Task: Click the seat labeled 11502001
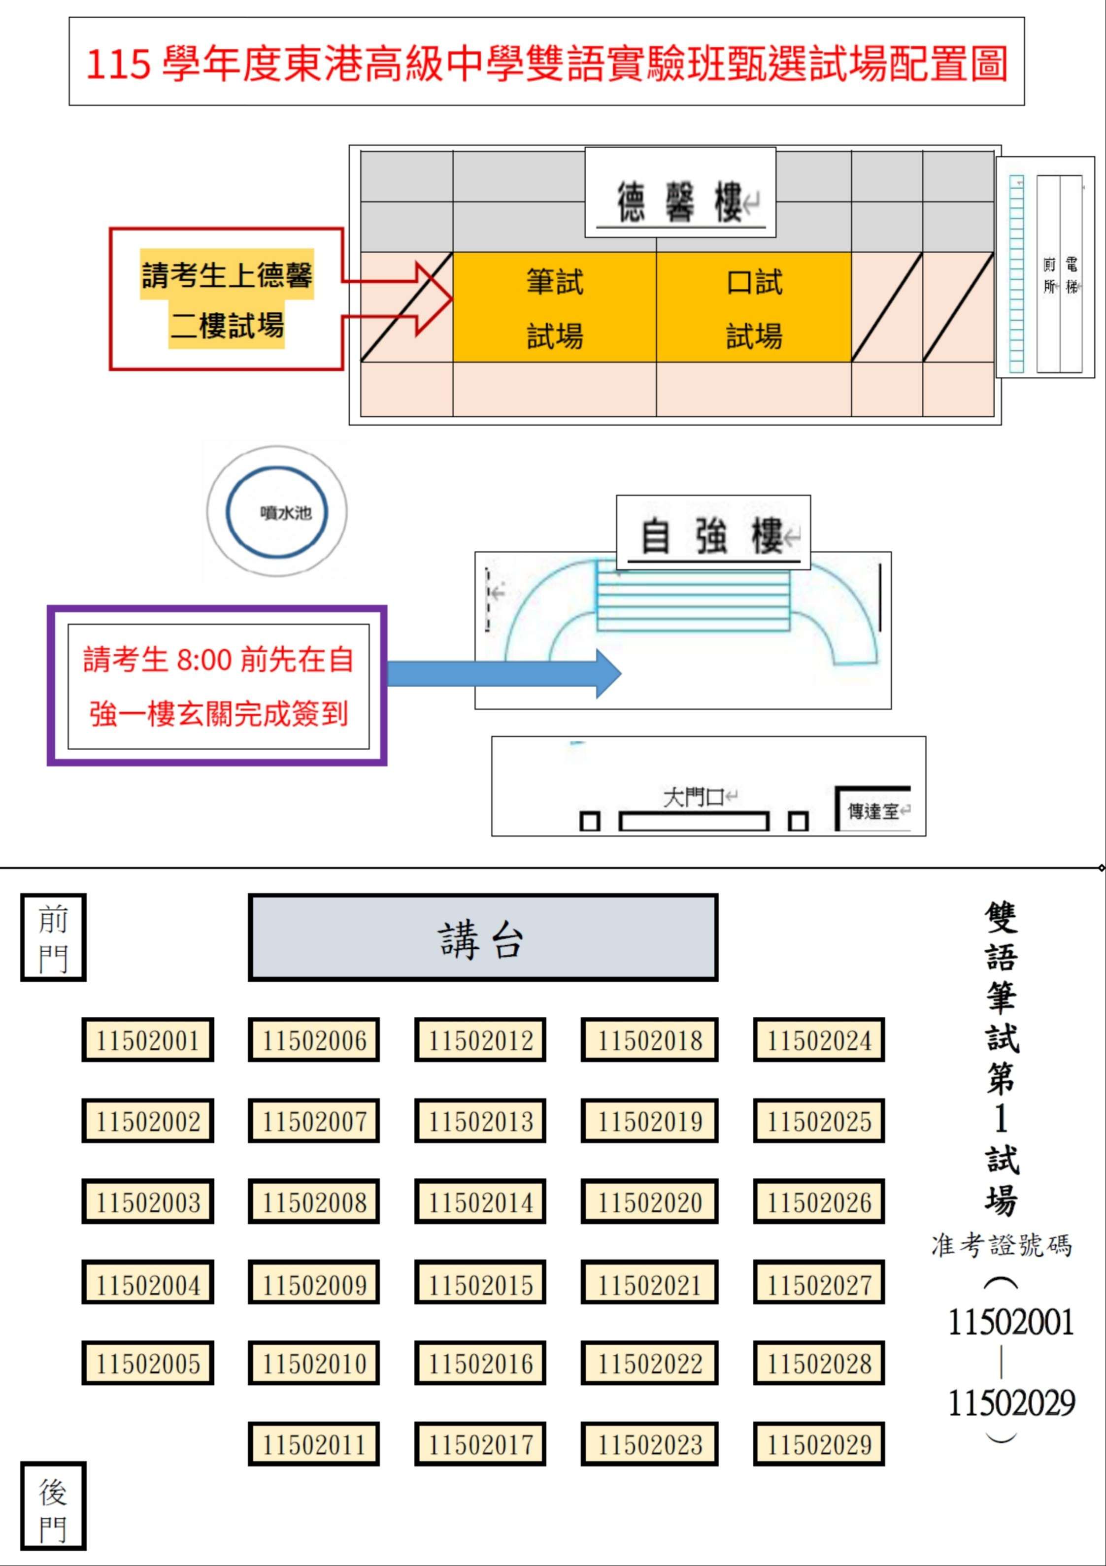tap(147, 1040)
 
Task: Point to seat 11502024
tap(819, 1040)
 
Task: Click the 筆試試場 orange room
tap(555, 307)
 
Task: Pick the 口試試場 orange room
tap(754, 307)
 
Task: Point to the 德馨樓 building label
tap(680, 202)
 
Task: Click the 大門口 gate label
tap(693, 797)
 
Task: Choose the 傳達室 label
tap(873, 811)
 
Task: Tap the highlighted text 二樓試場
tap(227, 325)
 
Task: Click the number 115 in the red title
tap(117, 64)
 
